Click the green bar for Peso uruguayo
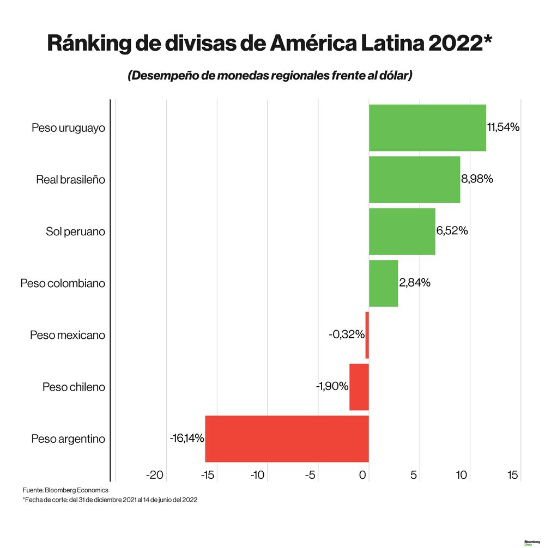click(x=427, y=127)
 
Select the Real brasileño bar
click(x=414, y=180)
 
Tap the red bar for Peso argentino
click(x=287, y=439)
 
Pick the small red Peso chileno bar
click(x=359, y=387)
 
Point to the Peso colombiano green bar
click(x=383, y=283)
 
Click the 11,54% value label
click(x=503, y=127)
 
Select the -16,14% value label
click(x=186, y=438)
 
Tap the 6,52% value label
click(x=452, y=230)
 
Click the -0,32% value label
click(x=346, y=334)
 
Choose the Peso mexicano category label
click(x=67, y=335)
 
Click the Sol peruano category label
click(x=75, y=232)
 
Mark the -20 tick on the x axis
click(x=155, y=475)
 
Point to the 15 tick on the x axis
click(x=512, y=475)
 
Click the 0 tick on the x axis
click(x=363, y=475)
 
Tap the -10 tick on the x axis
click(x=257, y=475)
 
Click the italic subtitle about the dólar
click(x=269, y=76)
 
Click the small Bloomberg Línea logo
click(x=531, y=542)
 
